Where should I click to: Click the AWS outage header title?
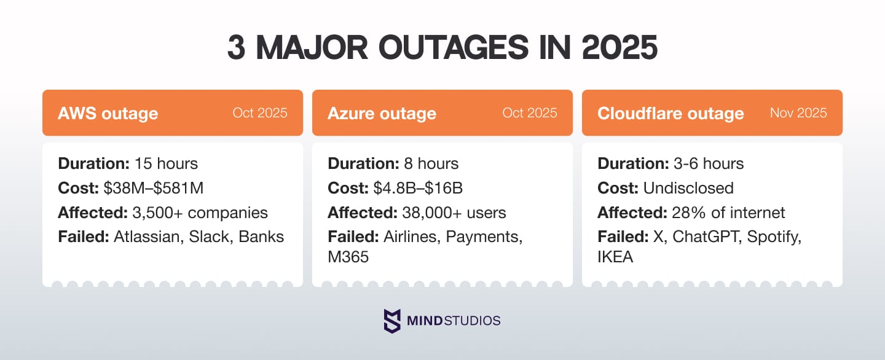click(x=108, y=114)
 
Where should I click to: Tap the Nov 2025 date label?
click(x=798, y=113)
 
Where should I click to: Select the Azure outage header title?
click(x=382, y=114)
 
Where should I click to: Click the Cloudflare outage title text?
click(x=671, y=114)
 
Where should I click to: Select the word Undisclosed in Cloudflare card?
click(x=688, y=188)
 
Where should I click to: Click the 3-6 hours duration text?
click(x=706, y=163)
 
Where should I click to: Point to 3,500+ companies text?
click(x=200, y=213)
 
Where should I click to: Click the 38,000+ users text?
click(x=454, y=213)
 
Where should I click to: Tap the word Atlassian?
click(x=144, y=237)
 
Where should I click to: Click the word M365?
click(x=348, y=257)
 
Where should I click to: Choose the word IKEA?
click(x=615, y=257)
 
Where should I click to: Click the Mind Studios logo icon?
click(x=392, y=321)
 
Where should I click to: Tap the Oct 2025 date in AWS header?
click(x=259, y=113)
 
